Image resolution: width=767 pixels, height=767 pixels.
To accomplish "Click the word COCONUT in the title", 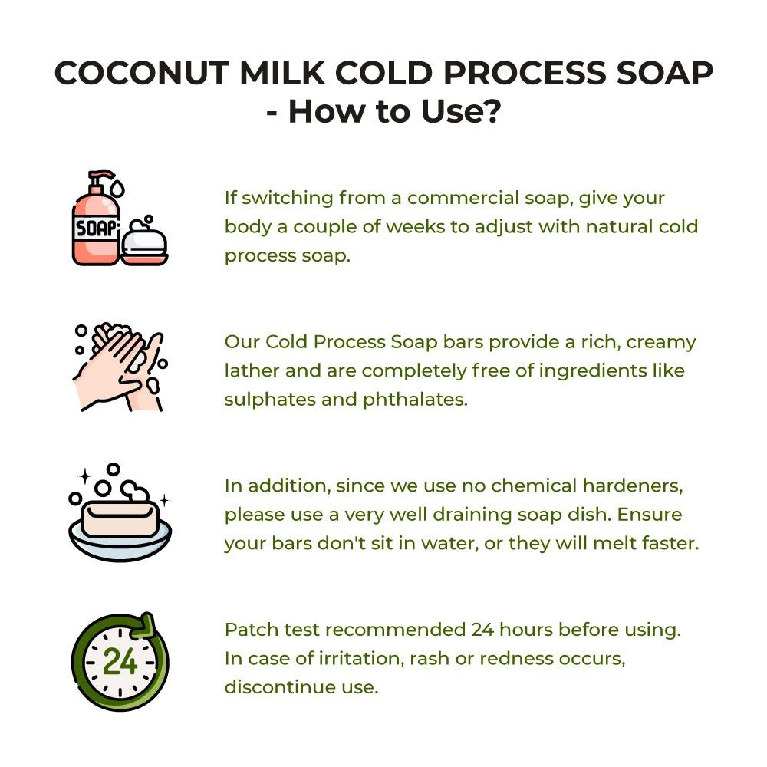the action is tap(142, 74).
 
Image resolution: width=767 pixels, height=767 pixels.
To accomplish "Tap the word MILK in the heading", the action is tap(282, 74).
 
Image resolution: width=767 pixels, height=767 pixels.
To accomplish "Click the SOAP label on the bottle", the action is tap(96, 229).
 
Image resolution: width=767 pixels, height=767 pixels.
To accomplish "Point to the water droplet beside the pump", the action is tap(117, 189).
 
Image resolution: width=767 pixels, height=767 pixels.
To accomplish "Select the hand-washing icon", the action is tap(120, 367).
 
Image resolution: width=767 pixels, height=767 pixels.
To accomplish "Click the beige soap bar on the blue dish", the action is tap(120, 518).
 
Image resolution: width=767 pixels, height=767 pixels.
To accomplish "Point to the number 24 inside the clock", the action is tap(120, 662).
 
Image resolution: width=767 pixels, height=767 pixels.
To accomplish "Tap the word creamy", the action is tap(661, 343).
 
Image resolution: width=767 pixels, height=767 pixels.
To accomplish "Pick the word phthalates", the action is tap(415, 399).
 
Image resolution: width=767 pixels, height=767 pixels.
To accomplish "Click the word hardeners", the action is tap(633, 486).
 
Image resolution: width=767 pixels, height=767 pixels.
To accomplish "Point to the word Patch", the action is tap(252, 629).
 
